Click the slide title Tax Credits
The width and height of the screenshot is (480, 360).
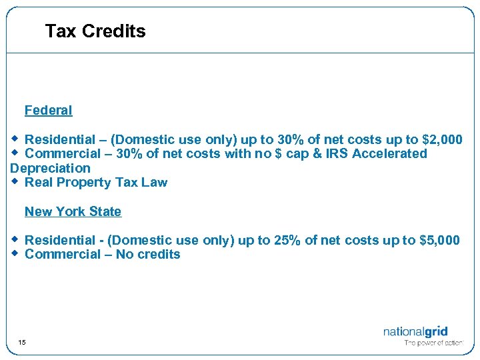(x=95, y=31)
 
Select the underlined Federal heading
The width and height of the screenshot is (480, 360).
(x=48, y=111)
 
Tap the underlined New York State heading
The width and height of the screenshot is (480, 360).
(x=73, y=212)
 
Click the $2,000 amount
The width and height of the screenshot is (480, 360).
(x=442, y=139)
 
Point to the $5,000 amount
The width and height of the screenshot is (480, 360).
(x=439, y=240)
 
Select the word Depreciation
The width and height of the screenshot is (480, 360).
(x=50, y=168)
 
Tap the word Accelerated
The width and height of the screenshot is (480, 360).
(x=393, y=154)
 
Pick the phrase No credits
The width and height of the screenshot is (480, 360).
(x=148, y=255)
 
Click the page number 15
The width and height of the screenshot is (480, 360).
(x=22, y=343)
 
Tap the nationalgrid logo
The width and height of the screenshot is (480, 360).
(x=415, y=331)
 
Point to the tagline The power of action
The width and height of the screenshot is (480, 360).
(x=433, y=343)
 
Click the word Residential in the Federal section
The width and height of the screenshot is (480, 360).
(x=60, y=139)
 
